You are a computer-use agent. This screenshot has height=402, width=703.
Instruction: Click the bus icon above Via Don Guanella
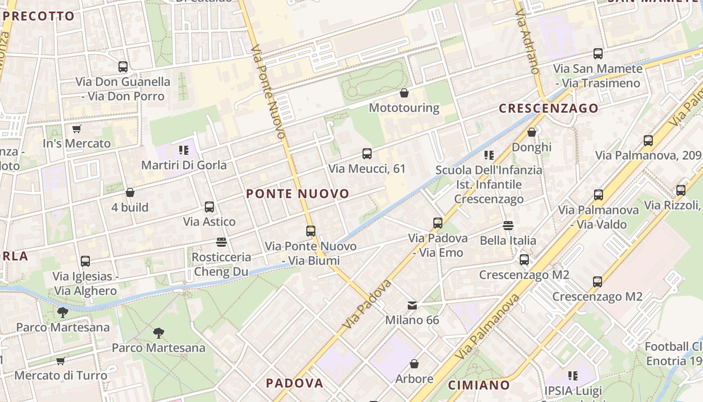click(123, 67)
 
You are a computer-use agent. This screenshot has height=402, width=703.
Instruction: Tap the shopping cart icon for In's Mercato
click(76, 129)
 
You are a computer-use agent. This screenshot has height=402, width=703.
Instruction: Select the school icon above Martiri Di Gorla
click(183, 150)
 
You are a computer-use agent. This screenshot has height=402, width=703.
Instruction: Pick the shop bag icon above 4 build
click(130, 192)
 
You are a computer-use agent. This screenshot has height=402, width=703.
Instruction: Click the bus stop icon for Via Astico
click(209, 207)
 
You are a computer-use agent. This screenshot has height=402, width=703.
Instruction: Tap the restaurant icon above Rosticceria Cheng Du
click(221, 242)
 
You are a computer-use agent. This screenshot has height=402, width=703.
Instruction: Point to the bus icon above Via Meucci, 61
click(367, 154)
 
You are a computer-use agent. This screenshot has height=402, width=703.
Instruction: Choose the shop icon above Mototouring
click(404, 93)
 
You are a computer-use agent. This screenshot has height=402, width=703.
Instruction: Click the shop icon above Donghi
click(532, 133)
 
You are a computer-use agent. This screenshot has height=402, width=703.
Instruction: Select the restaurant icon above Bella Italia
click(508, 226)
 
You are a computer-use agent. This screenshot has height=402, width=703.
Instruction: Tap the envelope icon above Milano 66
click(412, 306)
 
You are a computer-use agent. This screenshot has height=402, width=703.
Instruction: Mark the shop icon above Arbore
click(414, 364)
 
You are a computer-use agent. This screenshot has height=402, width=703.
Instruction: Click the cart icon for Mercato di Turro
click(61, 361)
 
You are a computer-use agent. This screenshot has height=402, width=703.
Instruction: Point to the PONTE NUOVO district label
click(298, 194)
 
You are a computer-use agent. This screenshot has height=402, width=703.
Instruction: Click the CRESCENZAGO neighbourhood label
click(548, 108)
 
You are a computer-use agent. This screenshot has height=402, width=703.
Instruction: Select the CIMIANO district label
click(479, 385)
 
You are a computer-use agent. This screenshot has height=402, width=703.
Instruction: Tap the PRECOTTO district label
click(39, 16)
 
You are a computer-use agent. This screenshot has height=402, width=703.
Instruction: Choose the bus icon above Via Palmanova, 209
click(648, 141)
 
